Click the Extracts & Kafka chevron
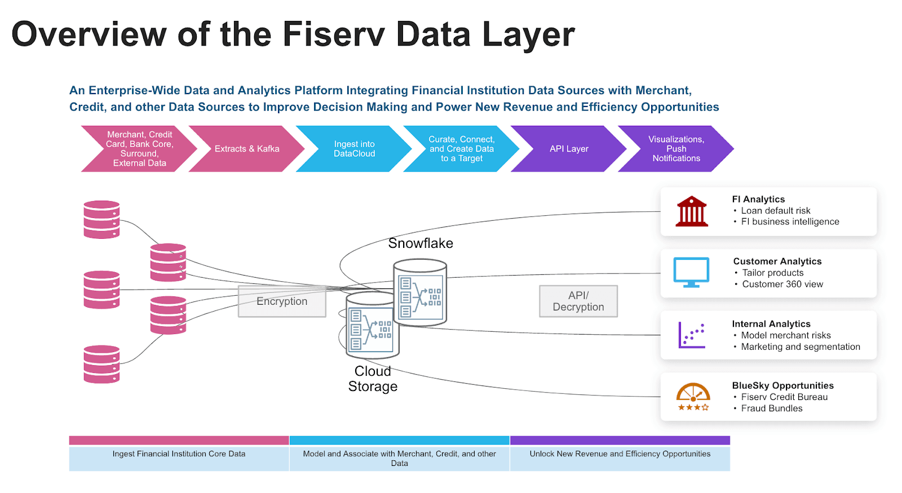coord(246,149)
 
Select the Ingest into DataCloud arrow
coord(354,149)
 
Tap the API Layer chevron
coord(569,149)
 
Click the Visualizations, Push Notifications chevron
coord(676,149)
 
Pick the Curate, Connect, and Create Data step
coord(461,149)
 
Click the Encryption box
coord(282,301)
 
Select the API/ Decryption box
coord(578,301)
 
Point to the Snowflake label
coord(421,243)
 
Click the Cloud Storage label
coord(373,379)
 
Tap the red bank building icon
coord(692,212)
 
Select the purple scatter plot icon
coord(692,335)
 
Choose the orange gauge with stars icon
coord(693,397)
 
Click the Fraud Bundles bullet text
coord(771,408)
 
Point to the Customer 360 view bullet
coord(782,285)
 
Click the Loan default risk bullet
coord(775,211)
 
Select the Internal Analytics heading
coord(771,324)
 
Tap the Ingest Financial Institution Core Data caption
coord(179,454)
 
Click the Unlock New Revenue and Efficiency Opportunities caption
coord(620,454)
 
